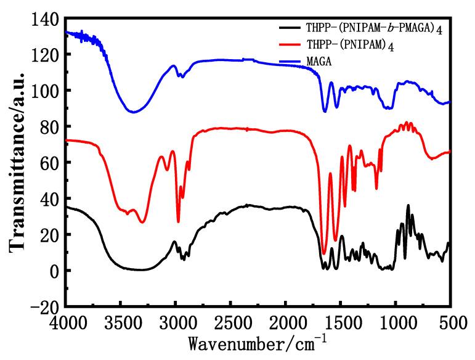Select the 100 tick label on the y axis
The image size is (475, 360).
coord(47,91)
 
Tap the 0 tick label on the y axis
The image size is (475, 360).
coord(55,271)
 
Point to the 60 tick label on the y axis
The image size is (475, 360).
coord(51,163)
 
